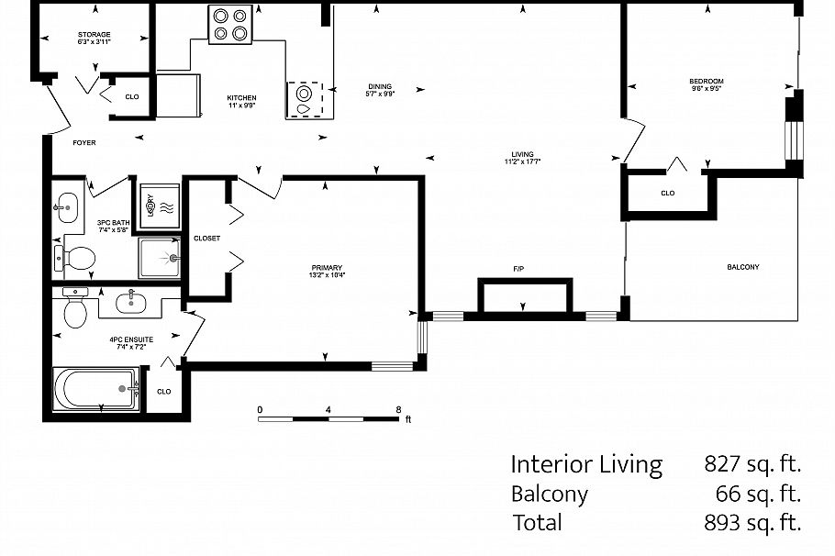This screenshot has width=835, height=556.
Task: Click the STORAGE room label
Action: click(94, 35)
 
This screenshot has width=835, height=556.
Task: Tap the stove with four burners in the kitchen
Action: click(230, 24)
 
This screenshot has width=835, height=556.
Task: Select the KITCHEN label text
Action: click(241, 98)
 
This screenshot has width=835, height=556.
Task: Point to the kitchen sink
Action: click(305, 97)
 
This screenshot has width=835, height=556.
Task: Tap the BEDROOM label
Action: click(707, 82)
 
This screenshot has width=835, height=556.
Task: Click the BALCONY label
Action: click(742, 267)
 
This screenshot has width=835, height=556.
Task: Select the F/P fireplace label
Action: click(518, 269)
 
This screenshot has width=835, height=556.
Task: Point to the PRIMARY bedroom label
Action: click(326, 268)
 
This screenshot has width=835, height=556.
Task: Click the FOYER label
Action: click(84, 143)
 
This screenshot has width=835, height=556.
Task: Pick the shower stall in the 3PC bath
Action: click(160, 258)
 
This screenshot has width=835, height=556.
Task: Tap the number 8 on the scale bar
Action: click(398, 409)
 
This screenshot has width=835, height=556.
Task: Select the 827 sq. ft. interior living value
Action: click(752, 464)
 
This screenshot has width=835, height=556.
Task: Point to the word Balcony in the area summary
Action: click(549, 494)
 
